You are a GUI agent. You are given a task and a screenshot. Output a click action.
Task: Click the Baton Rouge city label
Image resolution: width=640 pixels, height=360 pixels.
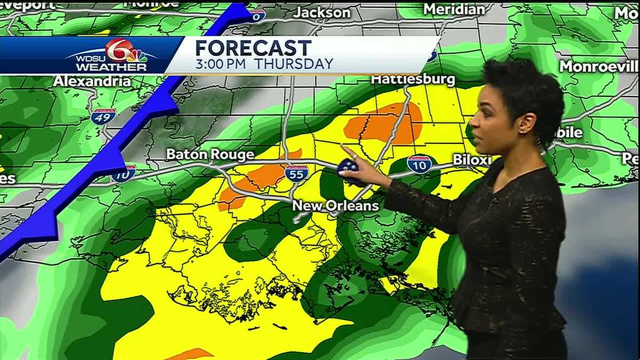click(x=210, y=155)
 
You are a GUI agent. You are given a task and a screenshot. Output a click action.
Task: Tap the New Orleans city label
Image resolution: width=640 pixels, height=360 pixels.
click(x=335, y=206)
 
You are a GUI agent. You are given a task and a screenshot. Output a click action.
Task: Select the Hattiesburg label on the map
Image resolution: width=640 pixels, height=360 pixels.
click(x=413, y=80)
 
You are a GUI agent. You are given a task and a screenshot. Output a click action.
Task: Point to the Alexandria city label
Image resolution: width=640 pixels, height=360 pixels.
click(x=92, y=81)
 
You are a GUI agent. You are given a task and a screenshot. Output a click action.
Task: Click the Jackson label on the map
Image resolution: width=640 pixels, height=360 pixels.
click(x=322, y=12)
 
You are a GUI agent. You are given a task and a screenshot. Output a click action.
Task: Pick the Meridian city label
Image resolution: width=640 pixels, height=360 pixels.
click(x=454, y=9)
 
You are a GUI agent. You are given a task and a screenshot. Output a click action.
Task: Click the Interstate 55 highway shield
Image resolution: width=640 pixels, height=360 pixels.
click(x=297, y=173)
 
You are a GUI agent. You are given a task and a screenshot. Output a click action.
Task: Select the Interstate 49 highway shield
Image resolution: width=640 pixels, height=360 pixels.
click(x=103, y=116)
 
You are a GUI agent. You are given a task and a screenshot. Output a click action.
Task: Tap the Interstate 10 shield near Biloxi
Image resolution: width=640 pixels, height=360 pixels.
click(x=419, y=164)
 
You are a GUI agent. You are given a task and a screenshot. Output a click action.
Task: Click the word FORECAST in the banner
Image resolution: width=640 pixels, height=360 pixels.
click(x=253, y=48)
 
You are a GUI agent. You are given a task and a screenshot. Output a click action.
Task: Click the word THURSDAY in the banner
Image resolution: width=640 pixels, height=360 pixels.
click(x=293, y=64)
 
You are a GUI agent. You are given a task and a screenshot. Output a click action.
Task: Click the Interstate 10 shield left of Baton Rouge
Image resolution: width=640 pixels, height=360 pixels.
click(x=123, y=174)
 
